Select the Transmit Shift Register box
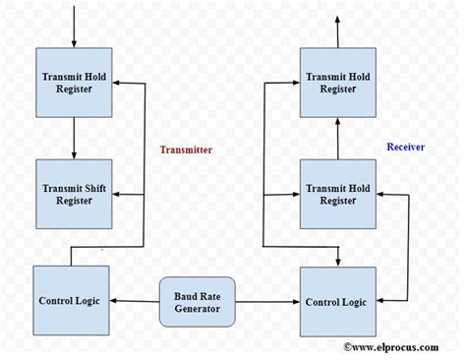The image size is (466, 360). pos(75,192)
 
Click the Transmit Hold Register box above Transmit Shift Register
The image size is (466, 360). pos(75,83)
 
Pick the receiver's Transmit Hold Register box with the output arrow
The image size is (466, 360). pos(339,83)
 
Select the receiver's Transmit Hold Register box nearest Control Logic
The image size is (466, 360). pos(339,192)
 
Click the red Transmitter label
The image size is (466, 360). pos(187,150)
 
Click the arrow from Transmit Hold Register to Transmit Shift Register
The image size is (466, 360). pos(75,138)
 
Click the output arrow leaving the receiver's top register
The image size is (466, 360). pos(339,30)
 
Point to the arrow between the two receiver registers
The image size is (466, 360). pos(339,138)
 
